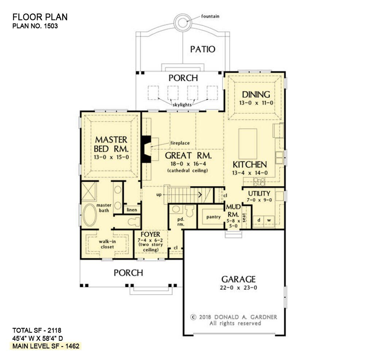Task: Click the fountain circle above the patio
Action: [x=182, y=22]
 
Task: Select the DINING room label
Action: [x=256, y=94]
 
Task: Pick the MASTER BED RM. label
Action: [x=111, y=144]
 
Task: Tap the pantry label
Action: [x=214, y=217]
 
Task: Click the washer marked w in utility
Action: [x=269, y=220]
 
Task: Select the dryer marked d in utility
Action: [x=258, y=220]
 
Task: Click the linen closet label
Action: [x=131, y=210]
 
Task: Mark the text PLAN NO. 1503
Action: [x=35, y=26]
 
